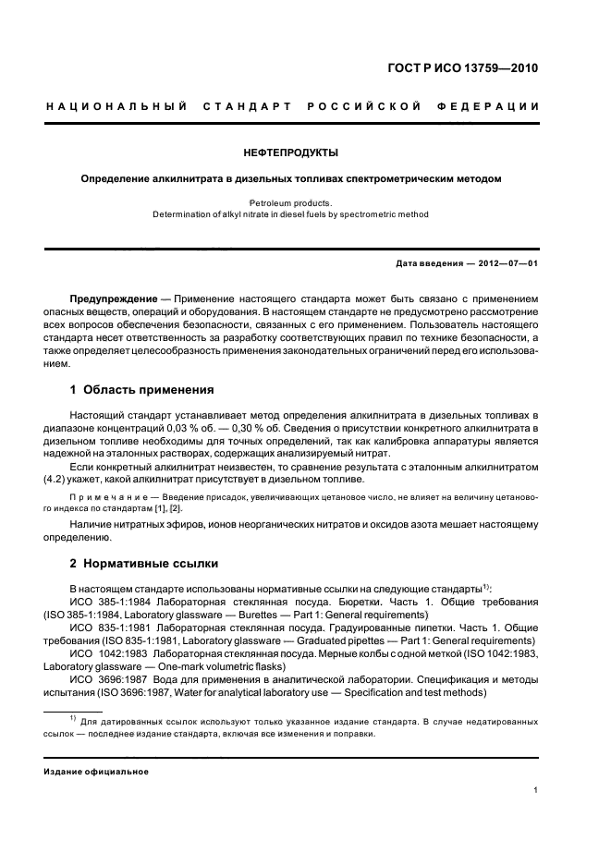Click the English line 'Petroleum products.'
(x=292, y=201)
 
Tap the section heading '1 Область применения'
(x=141, y=389)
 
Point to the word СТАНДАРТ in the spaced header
(x=250, y=108)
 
